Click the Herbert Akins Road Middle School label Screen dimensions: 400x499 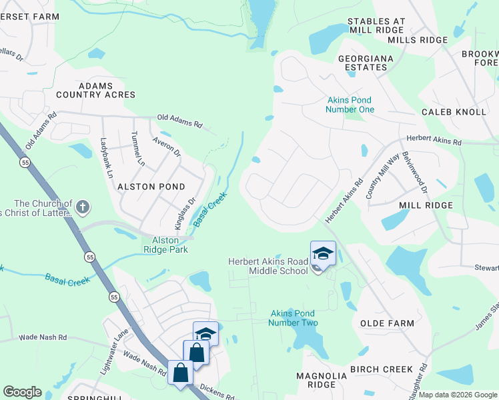pos(269,265)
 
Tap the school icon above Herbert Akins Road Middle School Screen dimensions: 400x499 pos(323,254)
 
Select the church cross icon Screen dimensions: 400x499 pos(82,207)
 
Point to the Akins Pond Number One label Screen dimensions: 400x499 pos(350,105)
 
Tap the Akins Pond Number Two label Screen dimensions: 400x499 pos(293,318)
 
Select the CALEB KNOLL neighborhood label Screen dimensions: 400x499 pos(454,111)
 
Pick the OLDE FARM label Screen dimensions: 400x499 pos(387,323)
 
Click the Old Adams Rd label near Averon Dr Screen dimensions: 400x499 pos(179,121)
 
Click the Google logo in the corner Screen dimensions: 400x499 pos(22,392)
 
